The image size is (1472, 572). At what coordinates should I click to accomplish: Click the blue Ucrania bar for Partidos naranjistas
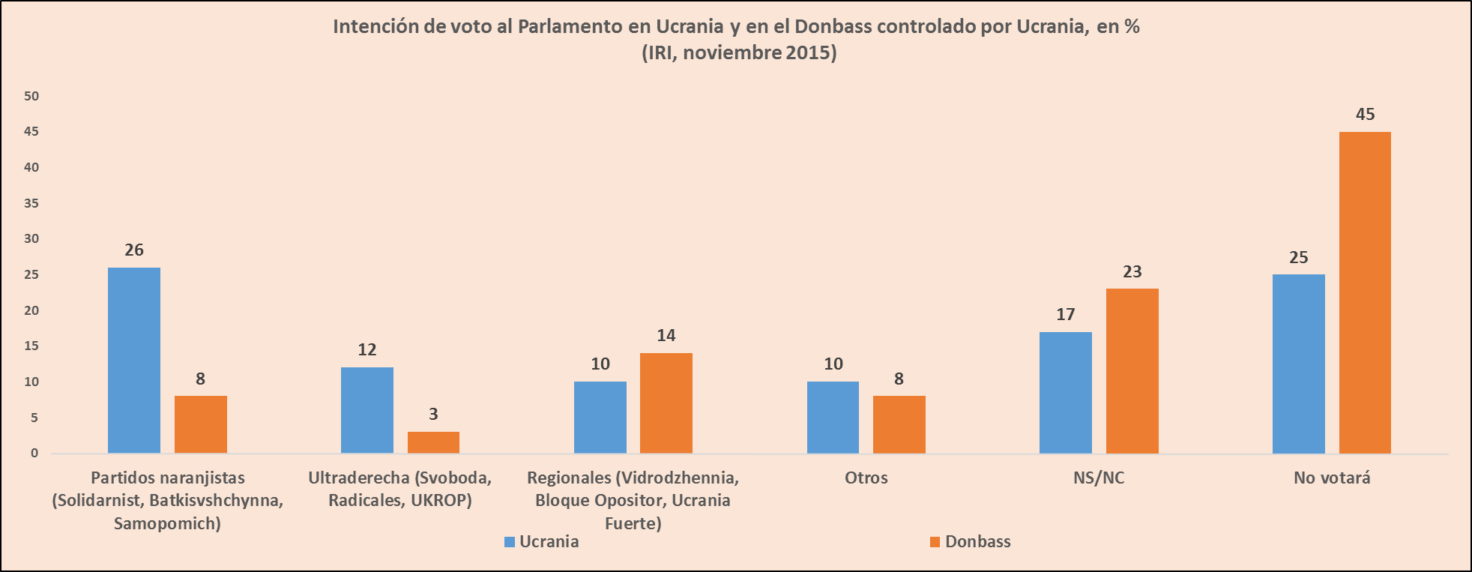(x=134, y=360)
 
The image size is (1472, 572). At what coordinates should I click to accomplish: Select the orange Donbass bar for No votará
(x=1365, y=292)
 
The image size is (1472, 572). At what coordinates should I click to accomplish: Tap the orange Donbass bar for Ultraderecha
(x=433, y=442)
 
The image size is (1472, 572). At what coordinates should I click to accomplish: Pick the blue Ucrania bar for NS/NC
(x=1065, y=392)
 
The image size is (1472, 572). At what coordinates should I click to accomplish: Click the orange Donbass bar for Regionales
(x=666, y=403)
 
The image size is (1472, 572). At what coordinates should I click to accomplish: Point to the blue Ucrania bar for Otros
(x=833, y=417)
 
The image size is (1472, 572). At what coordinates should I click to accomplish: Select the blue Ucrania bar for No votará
(x=1298, y=364)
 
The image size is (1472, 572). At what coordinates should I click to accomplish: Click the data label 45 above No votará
(x=1365, y=115)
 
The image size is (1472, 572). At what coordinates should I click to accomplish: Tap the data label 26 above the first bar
(x=134, y=250)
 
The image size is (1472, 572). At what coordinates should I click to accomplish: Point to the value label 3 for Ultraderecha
(x=433, y=414)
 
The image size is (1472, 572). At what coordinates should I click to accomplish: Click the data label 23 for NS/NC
(x=1132, y=272)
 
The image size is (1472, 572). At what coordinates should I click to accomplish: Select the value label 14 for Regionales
(x=666, y=336)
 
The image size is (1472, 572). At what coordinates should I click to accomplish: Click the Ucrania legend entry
(x=541, y=542)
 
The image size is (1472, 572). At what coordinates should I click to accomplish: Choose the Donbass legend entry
(x=971, y=542)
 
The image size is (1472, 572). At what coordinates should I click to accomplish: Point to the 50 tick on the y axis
(x=31, y=96)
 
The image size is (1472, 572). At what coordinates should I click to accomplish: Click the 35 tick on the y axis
(x=31, y=203)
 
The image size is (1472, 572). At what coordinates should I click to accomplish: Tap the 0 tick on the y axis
(x=34, y=453)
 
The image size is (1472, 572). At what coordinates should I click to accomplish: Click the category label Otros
(x=866, y=478)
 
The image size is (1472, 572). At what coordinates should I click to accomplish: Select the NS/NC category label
(x=1099, y=478)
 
